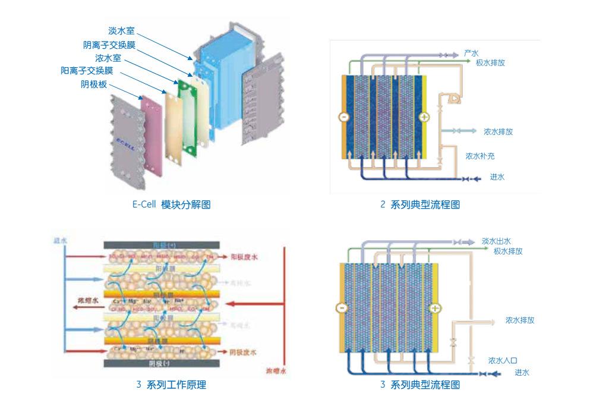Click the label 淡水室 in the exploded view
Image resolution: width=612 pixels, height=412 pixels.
coord(121,31)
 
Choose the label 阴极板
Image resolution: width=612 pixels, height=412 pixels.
coord(94,84)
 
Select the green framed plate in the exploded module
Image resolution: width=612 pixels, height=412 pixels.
coord(188,116)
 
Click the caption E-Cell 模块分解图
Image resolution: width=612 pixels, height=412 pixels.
coord(171,205)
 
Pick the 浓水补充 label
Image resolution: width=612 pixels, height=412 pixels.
coord(480,156)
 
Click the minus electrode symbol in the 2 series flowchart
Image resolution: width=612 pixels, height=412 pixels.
coord(343,117)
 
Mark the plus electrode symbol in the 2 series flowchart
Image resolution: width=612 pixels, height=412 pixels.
coord(424,117)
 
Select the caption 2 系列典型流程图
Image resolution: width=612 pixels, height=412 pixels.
coord(420,205)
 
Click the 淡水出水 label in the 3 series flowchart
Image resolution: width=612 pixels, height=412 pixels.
coord(496,241)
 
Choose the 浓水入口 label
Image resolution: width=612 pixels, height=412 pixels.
coord(503,360)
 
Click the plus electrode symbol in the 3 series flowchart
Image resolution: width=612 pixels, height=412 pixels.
coord(436,308)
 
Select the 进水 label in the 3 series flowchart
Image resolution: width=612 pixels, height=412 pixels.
coord(522,373)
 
